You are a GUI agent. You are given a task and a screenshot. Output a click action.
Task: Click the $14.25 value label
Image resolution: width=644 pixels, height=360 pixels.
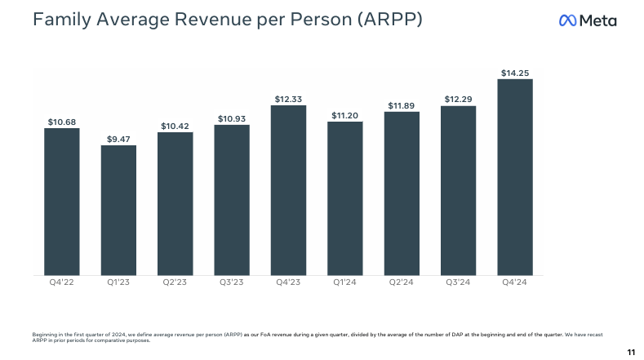[515, 73]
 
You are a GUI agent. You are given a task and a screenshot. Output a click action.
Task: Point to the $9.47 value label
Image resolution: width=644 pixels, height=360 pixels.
[118, 139]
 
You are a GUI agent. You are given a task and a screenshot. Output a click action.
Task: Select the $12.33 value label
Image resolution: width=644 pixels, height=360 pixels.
[288, 99]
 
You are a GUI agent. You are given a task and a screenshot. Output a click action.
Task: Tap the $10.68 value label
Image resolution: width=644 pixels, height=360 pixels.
[62, 122]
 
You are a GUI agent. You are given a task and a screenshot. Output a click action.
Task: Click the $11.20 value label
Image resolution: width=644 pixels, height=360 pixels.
[345, 115]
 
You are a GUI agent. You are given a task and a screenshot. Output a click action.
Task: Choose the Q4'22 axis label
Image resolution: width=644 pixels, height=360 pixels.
[62, 283]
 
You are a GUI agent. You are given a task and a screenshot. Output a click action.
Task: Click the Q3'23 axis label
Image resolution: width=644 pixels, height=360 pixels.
[232, 283]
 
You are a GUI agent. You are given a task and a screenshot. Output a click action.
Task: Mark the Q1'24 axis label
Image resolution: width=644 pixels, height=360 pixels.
[345, 283]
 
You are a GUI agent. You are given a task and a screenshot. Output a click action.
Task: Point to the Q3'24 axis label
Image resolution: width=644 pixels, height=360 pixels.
[458, 283]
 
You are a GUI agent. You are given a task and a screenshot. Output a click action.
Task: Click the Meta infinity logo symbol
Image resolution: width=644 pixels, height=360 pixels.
[568, 20]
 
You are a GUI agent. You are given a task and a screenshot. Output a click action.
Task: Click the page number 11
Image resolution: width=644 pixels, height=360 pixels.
[630, 352]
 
